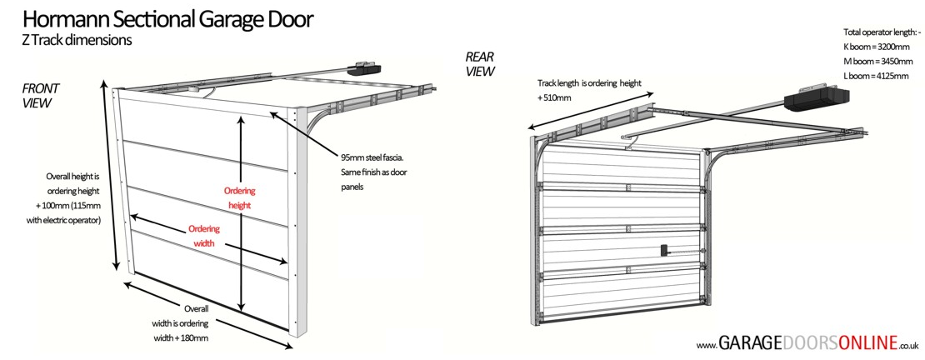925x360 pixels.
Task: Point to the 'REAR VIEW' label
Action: pyautogui.click(x=480, y=64)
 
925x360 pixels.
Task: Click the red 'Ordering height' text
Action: pyautogui.click(x=238, y=197)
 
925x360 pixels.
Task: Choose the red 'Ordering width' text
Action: pyautogui.click(x=202, y=236)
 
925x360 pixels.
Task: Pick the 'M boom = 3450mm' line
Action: pyautogui.click(x=875, y=62)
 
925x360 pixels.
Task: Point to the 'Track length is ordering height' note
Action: pyautogui.click(x=588, y=83)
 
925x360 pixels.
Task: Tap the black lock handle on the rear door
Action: pyautogui.click(x=664, y=249)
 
